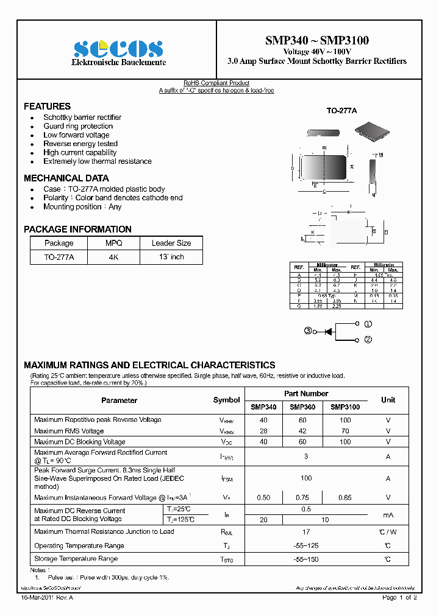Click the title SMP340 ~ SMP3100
316,41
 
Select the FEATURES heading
47,106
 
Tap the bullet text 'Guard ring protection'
78,126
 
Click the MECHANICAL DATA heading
66,178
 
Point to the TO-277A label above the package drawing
341,111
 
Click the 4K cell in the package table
114,257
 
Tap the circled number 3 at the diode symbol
309,331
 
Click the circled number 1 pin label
368,324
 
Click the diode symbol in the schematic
328,331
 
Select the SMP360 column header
302,407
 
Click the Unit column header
388,400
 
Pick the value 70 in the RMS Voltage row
345,431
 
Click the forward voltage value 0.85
345,497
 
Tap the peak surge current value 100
306,478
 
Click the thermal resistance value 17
306,532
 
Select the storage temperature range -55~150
306,559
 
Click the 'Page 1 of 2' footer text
399,598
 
